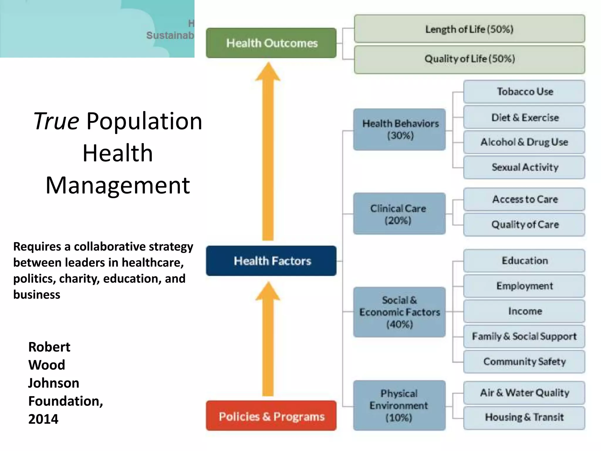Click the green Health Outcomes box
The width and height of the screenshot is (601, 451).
point(271,43)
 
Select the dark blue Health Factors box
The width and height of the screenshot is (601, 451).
point(271,261)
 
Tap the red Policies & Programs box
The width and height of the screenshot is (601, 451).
point(271,416)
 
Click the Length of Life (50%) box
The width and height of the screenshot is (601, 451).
point(469,29)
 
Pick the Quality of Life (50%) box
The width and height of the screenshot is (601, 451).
point(469,59)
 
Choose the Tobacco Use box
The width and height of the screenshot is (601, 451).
point(524,92)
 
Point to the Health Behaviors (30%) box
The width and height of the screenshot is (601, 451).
point(400,129)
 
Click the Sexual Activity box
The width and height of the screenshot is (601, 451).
point(524,167)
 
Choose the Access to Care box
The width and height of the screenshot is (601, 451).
point(524,199)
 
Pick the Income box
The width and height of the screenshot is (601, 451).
point(524,311)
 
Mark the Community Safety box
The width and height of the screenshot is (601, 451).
point(524,361)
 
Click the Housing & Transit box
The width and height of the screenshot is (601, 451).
point(524,417)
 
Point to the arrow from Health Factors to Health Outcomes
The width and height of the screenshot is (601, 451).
point(268,153)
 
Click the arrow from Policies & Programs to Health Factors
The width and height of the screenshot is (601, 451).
point(268,341)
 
